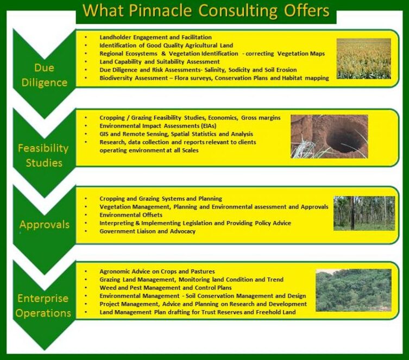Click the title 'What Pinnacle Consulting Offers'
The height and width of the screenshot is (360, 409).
point(206,11)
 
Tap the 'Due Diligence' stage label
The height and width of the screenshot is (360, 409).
point(45,75)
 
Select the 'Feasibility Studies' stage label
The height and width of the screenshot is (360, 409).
point(43,155)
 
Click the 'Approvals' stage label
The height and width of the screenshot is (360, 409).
point(45,225)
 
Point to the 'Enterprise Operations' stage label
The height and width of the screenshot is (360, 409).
point(43,306)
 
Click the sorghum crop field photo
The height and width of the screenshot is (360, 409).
point(364,59)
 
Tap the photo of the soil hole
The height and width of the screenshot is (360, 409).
point(329,136)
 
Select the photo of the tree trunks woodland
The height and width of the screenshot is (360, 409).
point(364,213)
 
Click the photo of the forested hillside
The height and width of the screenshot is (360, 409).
point(354,290)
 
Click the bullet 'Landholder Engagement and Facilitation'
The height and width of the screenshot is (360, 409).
point(155,37)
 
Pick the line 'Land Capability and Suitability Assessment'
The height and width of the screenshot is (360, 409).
point(159,62)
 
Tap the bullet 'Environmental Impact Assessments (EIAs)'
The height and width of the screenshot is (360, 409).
point(158,126)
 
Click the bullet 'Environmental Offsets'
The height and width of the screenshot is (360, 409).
point(131,215)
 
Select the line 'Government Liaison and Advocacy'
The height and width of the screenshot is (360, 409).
point(147,231)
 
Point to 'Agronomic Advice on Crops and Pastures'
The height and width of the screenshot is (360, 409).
point(157,271)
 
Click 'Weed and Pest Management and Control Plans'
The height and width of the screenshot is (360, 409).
point(165,288)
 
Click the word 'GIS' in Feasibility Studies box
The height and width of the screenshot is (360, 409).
point(104,134)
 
